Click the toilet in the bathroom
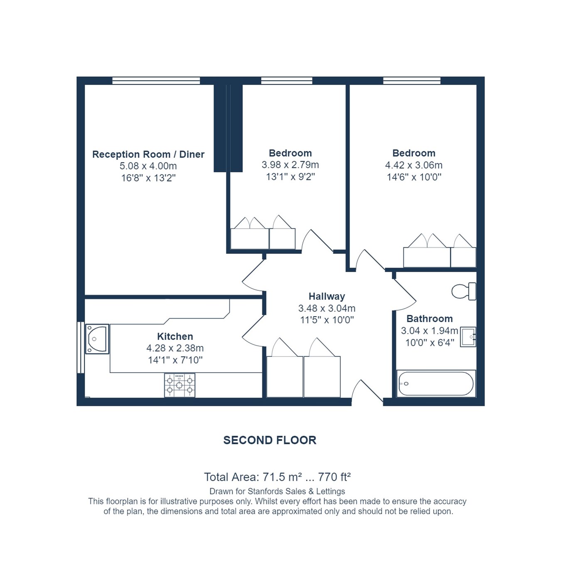[463, 291]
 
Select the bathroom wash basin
[468, 336]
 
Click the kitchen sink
[97, 339]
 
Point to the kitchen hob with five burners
[180, 385]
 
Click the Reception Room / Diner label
[148, 155]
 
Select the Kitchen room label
[175, 336]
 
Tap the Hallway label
[327, 296]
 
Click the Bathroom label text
[429, 319]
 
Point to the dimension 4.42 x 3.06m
[413, 165]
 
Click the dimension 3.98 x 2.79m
[290, 165]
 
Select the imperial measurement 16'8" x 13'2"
[148, 178]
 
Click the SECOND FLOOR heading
[270, 440]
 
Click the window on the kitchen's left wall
[81, 347]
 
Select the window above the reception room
[156, 81]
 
